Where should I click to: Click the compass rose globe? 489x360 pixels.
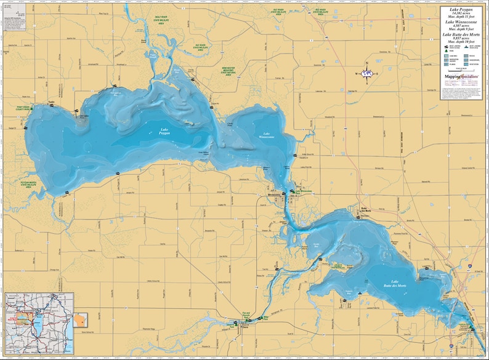[368, 73]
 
